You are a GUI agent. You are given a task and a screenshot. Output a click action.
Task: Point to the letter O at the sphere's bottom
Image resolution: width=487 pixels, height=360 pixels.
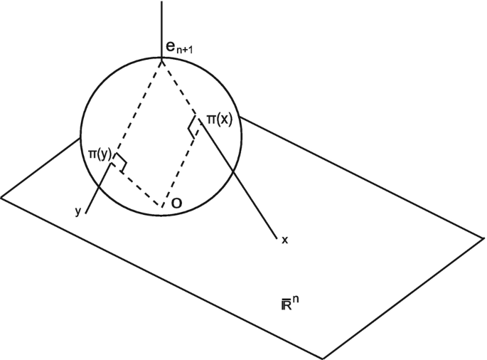click(176, 204)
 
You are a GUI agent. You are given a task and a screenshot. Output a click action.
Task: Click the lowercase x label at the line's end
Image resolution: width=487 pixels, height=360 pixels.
click(284, 240)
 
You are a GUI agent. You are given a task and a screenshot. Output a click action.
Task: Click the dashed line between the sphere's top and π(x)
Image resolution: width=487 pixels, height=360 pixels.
click(180, 88)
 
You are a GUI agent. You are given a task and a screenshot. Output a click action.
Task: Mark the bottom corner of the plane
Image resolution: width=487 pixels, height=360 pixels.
click(324, 358)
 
